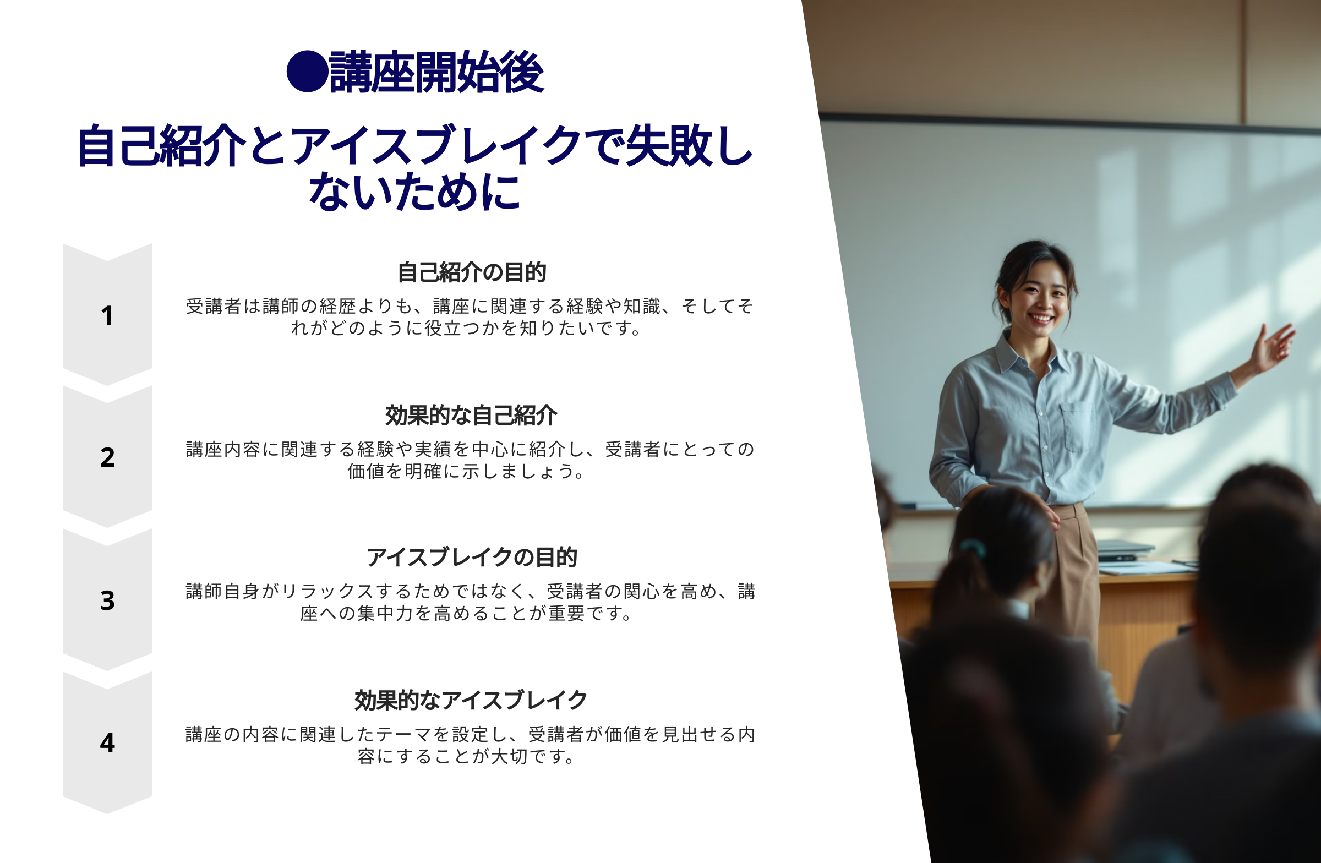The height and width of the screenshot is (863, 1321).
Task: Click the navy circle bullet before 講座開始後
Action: tap(307, 72)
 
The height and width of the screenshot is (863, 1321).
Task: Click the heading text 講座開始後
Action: tap(436, 72)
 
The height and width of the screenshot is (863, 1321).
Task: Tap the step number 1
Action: tap(107, 315)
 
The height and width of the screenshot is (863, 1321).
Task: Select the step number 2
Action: tap(107, 457)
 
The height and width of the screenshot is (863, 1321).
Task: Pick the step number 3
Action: tap(107, 600)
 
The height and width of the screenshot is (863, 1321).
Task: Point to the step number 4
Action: tap(107, 742)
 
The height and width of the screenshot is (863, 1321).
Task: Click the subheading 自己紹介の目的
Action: tap(472, 272)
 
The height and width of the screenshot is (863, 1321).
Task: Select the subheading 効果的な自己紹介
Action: tap(471, 415)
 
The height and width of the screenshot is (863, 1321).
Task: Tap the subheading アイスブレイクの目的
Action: tap(471, 557)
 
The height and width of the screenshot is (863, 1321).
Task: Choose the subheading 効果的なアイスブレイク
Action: tap(471, 700)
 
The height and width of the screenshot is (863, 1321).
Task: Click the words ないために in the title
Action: tap(414, 192)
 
